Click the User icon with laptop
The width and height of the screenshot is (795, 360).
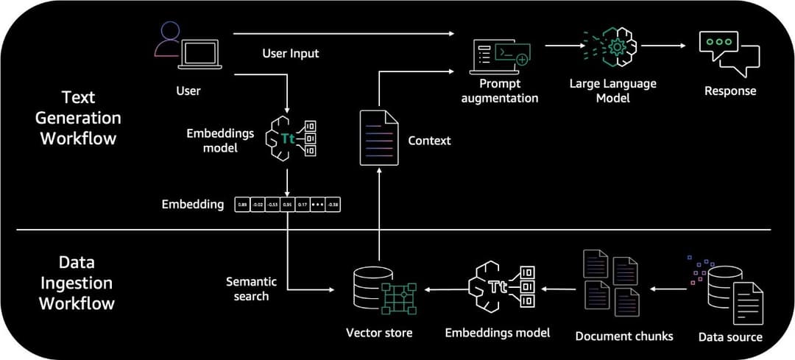click(188, 46)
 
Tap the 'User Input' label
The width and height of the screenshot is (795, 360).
click(291, 54)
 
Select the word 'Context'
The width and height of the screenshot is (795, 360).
click(429, 140)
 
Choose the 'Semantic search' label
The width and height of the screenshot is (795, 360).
click(251, 288)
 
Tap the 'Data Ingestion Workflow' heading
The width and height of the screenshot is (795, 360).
click(77, 283)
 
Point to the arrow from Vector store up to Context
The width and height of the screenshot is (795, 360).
click(378, 213)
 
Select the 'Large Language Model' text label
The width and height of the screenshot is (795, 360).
click(612, 91)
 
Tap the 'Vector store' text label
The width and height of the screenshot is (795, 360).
click(379, 333)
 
